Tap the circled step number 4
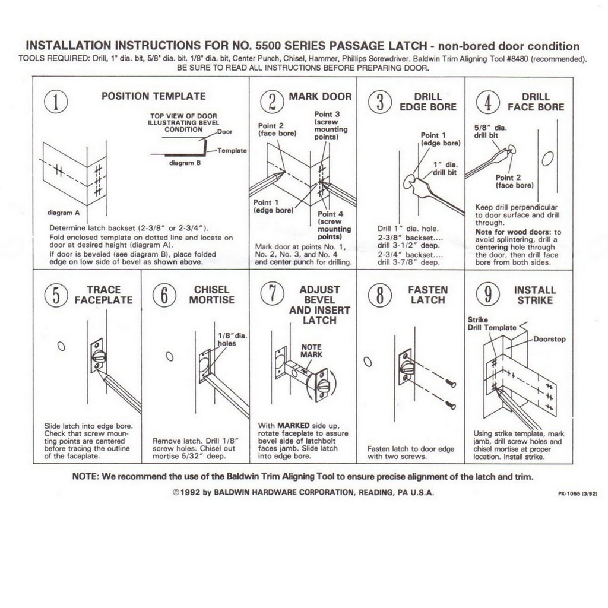(x=487, y=102)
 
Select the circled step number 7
(x=271, y=295)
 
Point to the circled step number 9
(x=487, y=295)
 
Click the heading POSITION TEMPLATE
(x=154, y=96)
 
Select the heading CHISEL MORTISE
(x=211, y=295)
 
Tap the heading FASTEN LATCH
(x=427, y=295)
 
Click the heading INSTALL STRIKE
(x=535, y=295)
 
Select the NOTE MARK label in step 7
(x=311, y=350)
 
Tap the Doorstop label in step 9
(x=549, y=339)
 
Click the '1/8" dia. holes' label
(x=231, y=339)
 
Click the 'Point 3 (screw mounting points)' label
(x=327, y=125)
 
